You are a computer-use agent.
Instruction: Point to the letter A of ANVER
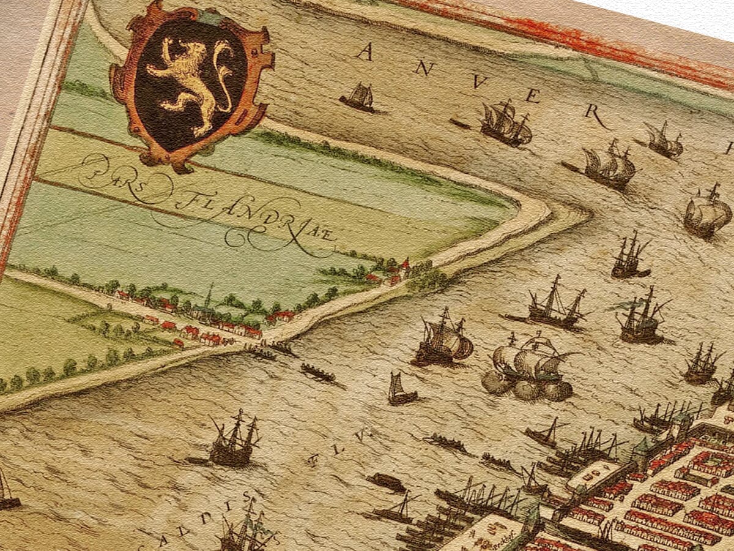coord(365,52)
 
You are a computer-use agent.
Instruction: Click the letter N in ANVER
coord(422,68)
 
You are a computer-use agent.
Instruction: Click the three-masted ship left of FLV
coord(234,441)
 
